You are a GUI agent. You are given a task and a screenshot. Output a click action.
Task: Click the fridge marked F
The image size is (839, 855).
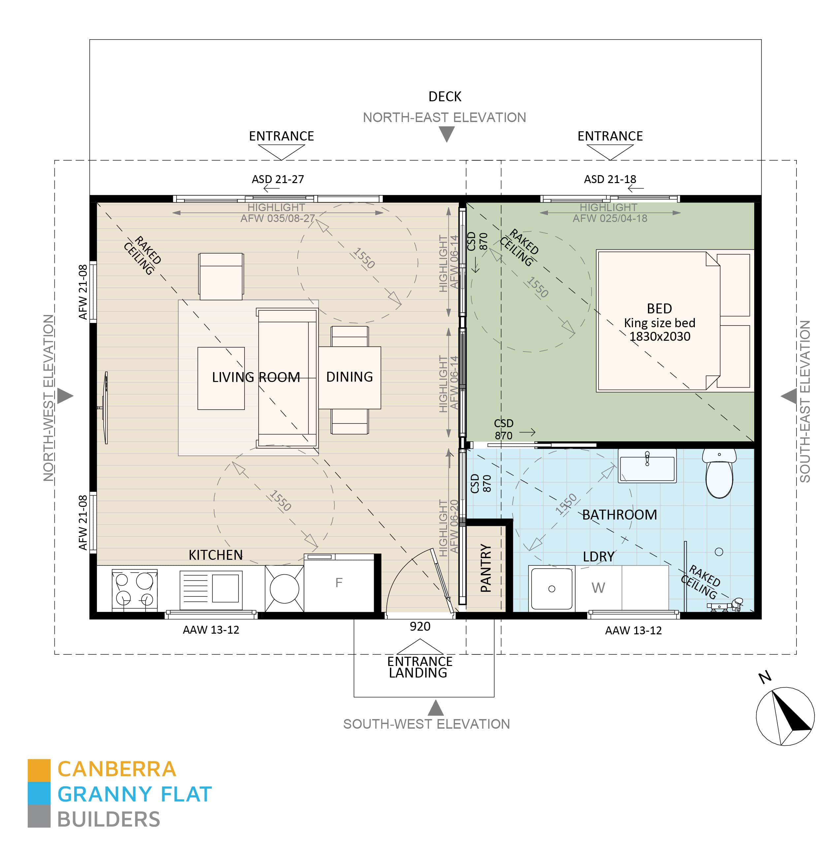pyautogui.click(x=339, y=583)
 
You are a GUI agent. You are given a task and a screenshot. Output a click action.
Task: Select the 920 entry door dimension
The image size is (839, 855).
pyautogui.click(x=420, y=626)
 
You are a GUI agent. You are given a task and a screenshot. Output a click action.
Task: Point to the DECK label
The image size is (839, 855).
pyautogui.click(x=445, y=96)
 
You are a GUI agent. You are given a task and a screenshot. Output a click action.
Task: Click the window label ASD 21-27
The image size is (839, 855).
pyautogui.click(x=277, y=179)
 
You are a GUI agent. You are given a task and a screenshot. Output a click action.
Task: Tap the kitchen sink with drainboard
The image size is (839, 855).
pyautogui.click(x=211, y=589)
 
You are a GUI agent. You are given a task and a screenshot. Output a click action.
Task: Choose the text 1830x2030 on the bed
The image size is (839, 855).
pyautogui.click(x=660, y=336)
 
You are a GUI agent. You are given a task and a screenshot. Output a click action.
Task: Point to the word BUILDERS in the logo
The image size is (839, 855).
pyautogui.click(x=109, y=820)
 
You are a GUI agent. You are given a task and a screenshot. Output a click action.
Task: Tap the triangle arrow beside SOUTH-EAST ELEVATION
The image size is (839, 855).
pyautogui.click(x=789, y=396)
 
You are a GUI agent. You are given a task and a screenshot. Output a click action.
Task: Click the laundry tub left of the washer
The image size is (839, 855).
pyautogui.click(x=552, y=588)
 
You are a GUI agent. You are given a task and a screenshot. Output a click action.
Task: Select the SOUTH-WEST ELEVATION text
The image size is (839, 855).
pyautogui.click(x=426, y=724)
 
